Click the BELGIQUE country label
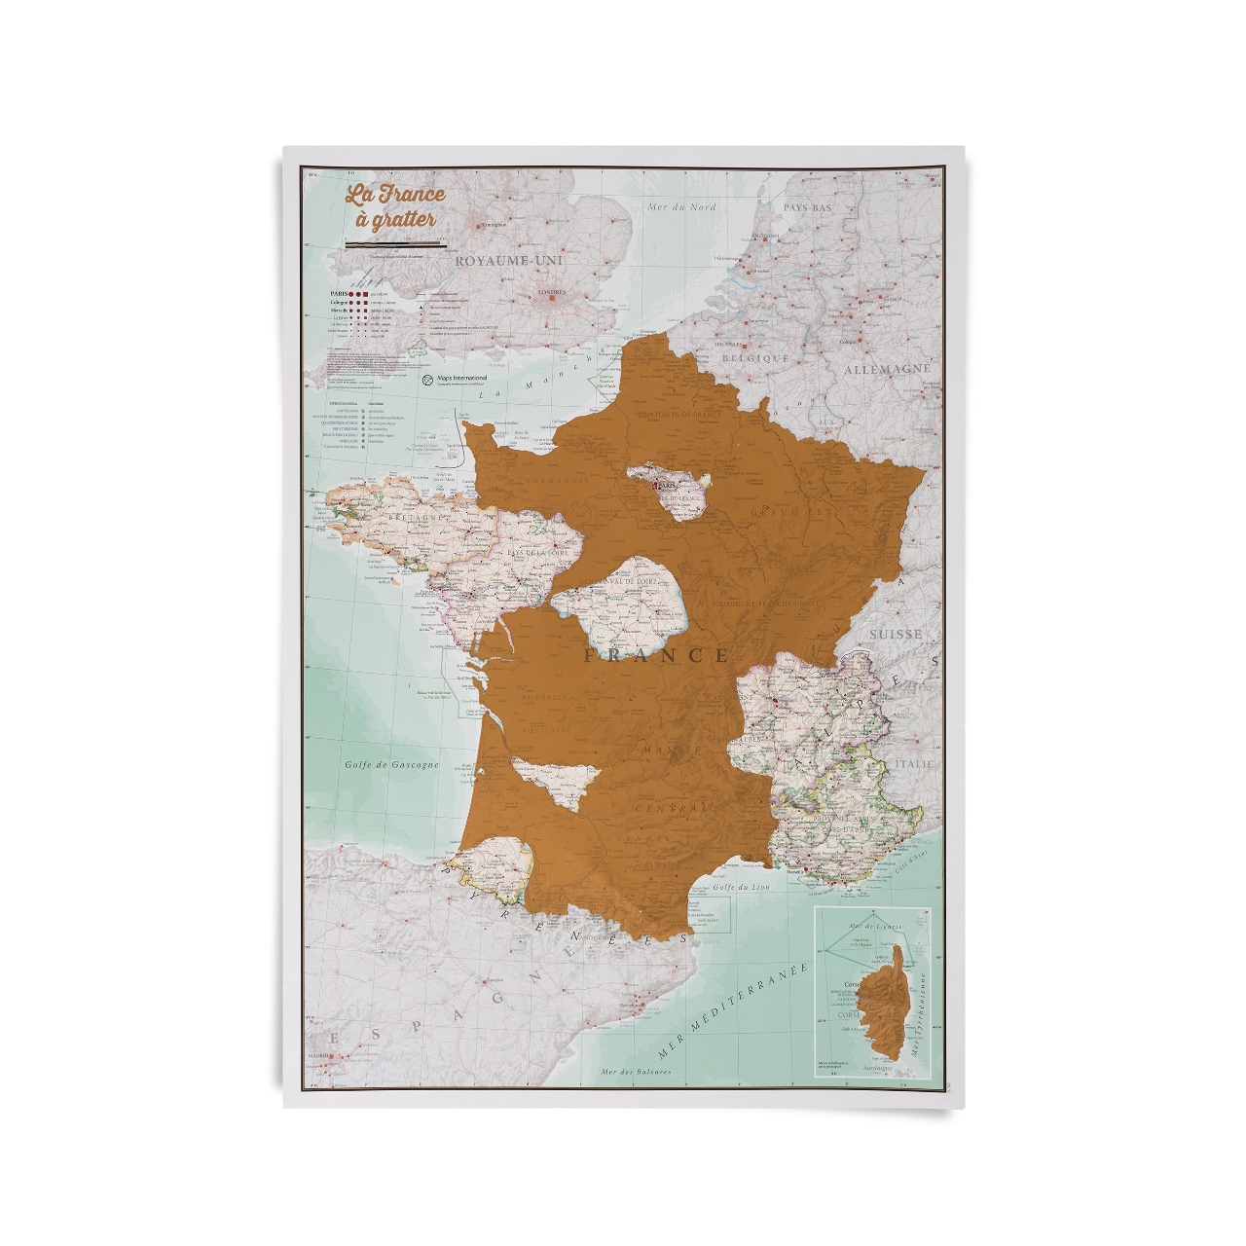[x=754, y=358]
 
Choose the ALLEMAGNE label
[x=887, y=370]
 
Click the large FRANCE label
[x=656, y=655]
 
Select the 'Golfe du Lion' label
[x=736, y=885]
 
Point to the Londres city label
[x=551, y=288]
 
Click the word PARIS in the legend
[x=340, y=291]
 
